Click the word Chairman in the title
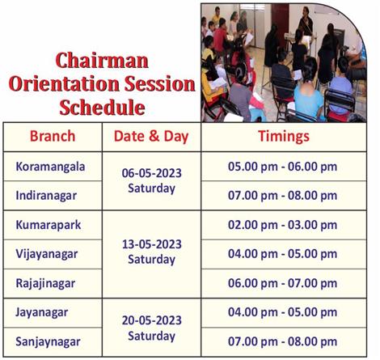[x=102, y=61]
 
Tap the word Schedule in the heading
[x=102, y=108]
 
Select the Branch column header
[x=53, y=136]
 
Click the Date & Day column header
[x=151, y=136]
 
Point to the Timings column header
[x=284, y=137]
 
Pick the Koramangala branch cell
[x=50, y=167]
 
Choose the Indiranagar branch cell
[x=46, y=196]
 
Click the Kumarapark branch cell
[x=49, y=225]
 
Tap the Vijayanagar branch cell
[x=47, y=254]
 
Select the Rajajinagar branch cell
[x=45, y=283]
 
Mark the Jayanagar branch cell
[x=41, y=313]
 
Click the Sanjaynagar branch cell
[x=48, y=342]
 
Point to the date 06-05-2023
[x=152, y=173]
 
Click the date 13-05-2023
[x=152, y=244]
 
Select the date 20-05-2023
[x=152, y=320]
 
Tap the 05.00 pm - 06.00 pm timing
[x=282, y=167]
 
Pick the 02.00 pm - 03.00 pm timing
[x=282, y=225]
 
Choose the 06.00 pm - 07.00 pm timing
[x=282, y=283]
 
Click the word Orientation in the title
[x=65, y=84]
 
